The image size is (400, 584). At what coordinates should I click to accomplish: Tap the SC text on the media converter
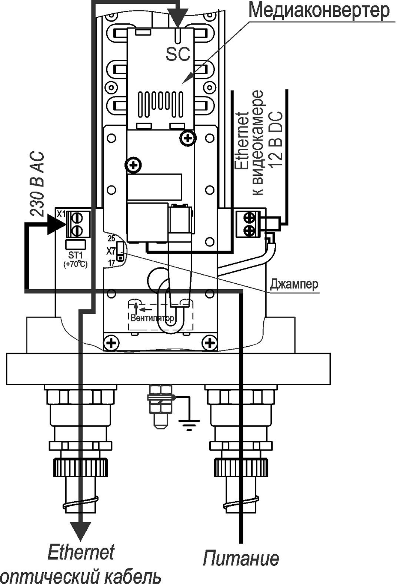pos(178,54)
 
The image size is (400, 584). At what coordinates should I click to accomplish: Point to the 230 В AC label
pos(37,184)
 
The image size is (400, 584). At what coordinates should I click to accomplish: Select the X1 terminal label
pos(61,214)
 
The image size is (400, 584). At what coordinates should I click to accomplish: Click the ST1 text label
pos(75,255)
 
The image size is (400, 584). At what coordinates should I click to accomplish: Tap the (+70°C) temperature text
pos(76,264)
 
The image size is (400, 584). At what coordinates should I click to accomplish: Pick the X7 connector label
pos(110,251)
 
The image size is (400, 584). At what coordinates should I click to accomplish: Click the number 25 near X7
pos(111,238)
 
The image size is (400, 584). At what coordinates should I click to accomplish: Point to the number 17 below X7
pos(111,263)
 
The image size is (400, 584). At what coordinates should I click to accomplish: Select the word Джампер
pos(294,284)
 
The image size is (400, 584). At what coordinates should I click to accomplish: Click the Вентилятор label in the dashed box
pos(152,318)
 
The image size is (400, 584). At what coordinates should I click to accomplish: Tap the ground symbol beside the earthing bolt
pos(189,424)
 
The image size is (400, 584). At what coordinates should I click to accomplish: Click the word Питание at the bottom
pos(241,558)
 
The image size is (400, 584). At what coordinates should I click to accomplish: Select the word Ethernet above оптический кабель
pos(81,552)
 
